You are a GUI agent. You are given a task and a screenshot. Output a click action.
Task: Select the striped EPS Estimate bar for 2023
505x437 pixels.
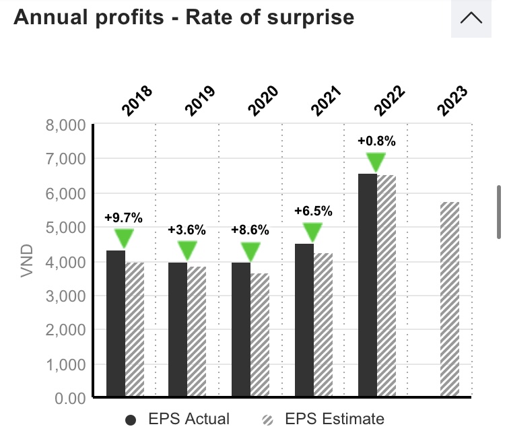tap(450, 300)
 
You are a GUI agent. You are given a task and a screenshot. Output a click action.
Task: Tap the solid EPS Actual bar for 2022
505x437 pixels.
tap(368, 285)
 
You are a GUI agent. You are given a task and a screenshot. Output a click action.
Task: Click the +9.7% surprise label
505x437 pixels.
tap(123, 217)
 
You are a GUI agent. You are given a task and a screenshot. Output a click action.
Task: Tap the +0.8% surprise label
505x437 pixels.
tap(376, 141)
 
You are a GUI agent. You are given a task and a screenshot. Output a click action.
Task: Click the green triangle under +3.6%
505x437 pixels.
tap(187, 250)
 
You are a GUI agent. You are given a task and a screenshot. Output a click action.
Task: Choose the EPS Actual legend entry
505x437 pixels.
tap(178, 419)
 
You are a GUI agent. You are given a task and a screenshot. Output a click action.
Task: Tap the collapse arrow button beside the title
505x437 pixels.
tap(471, 18)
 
